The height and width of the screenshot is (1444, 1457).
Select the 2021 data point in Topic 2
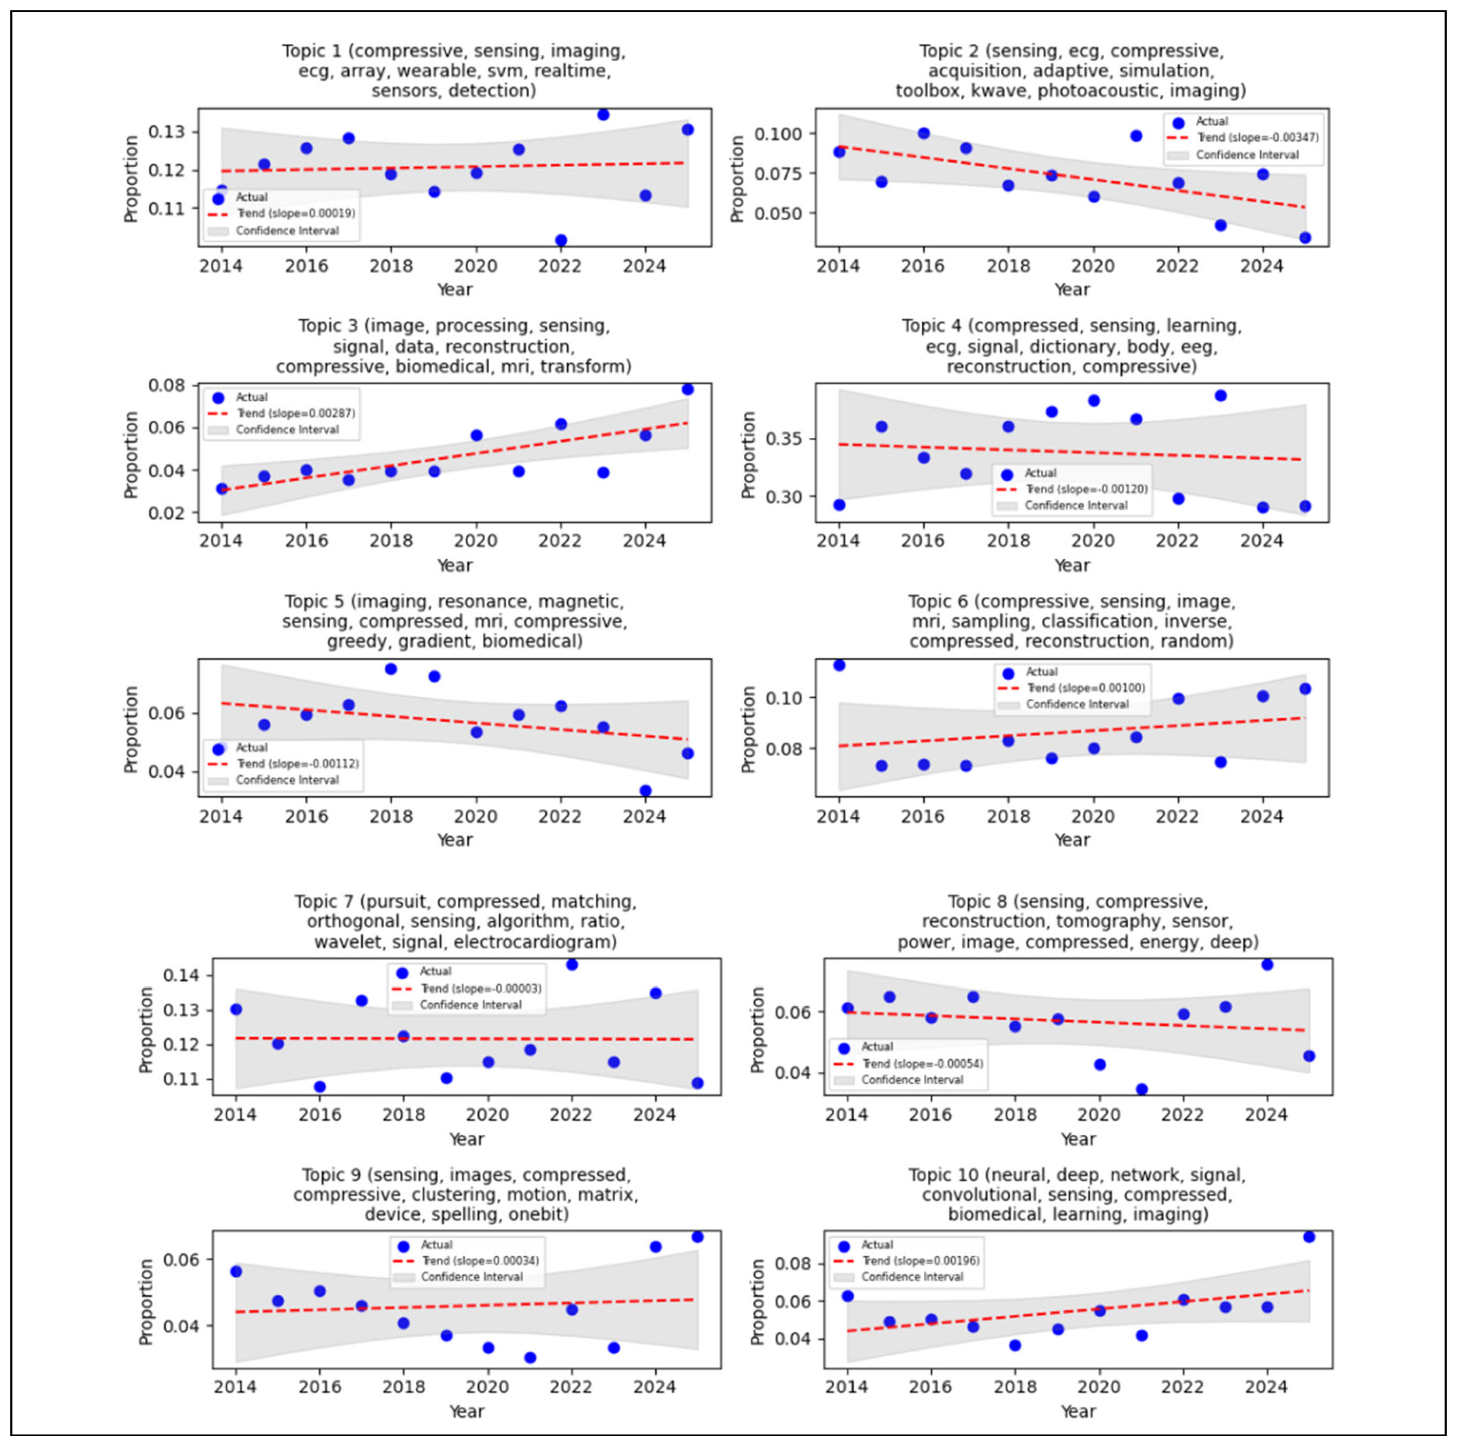[x=1136, y=136]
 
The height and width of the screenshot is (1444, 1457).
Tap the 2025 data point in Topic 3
[x=687, y=389]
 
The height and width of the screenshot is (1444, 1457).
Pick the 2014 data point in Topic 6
[x=839, y=665]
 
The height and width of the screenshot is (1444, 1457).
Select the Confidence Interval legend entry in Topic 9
[x=471, y=1277]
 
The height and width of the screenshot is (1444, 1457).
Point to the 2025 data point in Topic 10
[x=1308, y=1237]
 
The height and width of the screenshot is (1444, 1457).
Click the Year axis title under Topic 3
[x=455, y=565]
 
